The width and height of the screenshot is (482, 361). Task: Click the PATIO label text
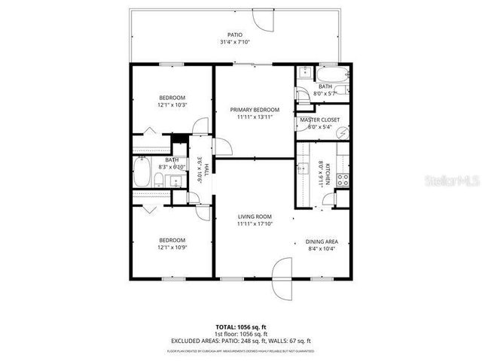tap(236, 35)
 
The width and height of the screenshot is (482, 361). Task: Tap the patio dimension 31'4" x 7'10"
tap(236, 42)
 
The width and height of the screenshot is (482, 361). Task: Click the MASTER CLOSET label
tap(319, 120)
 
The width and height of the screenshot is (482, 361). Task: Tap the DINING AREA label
tap(322, 241)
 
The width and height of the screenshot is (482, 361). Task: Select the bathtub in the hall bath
tap(142, 174)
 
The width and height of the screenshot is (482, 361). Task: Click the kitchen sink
tap(304, 168)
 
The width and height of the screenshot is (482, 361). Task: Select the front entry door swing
tap(280, 269)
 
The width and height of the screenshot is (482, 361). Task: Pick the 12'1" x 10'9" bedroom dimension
tap(172, 247)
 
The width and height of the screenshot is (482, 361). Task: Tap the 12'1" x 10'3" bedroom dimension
tap(172, 105)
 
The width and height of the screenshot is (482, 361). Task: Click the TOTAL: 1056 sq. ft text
tap(240, 326)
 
